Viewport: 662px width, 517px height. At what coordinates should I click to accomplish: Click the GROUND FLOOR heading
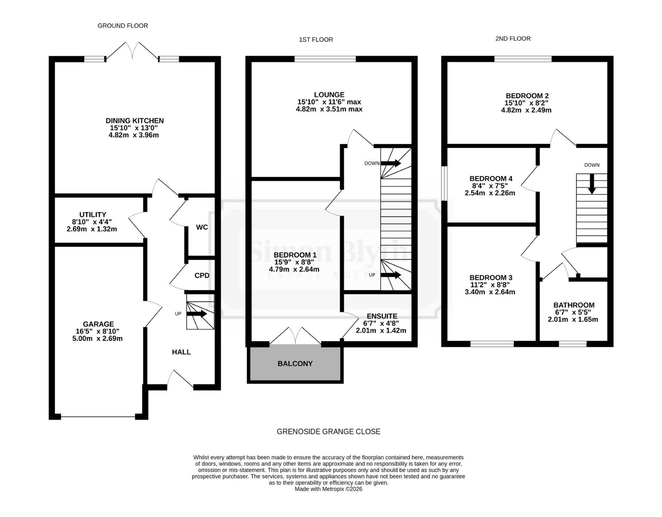[122, 26]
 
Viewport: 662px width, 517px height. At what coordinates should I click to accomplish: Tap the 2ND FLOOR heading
[513, 39]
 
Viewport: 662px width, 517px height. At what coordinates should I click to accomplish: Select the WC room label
[202, 227]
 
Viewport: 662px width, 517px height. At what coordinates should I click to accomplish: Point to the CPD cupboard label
[202, 276]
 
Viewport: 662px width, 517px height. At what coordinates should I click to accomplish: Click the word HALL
[181, 352]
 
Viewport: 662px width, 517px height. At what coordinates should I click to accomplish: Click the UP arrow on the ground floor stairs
[197, 314]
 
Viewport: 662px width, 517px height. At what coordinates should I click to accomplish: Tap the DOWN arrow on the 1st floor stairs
[391, 163]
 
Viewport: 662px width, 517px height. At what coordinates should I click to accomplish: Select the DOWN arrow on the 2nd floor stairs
[592, 184]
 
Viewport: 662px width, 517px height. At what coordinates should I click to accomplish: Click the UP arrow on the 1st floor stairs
[391, 275]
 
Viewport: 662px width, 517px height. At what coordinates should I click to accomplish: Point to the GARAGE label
[98, 324]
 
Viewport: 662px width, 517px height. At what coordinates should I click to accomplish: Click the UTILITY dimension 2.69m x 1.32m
[92, 229]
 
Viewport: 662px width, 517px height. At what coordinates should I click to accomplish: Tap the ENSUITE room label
[382, 316]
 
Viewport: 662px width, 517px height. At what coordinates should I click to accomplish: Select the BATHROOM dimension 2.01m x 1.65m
[573, 320]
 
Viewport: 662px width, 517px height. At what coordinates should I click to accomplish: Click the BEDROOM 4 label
[491, 179]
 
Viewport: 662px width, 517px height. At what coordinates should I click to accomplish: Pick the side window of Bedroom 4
[444, 183]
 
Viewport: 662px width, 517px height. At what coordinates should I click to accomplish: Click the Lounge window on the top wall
[325, 59]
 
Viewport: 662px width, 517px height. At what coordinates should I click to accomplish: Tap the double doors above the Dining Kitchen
[132, 51]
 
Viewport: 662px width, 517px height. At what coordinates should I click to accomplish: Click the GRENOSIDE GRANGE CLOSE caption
[328, 431]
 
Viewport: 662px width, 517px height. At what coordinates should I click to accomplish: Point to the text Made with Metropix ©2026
[328, 489]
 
